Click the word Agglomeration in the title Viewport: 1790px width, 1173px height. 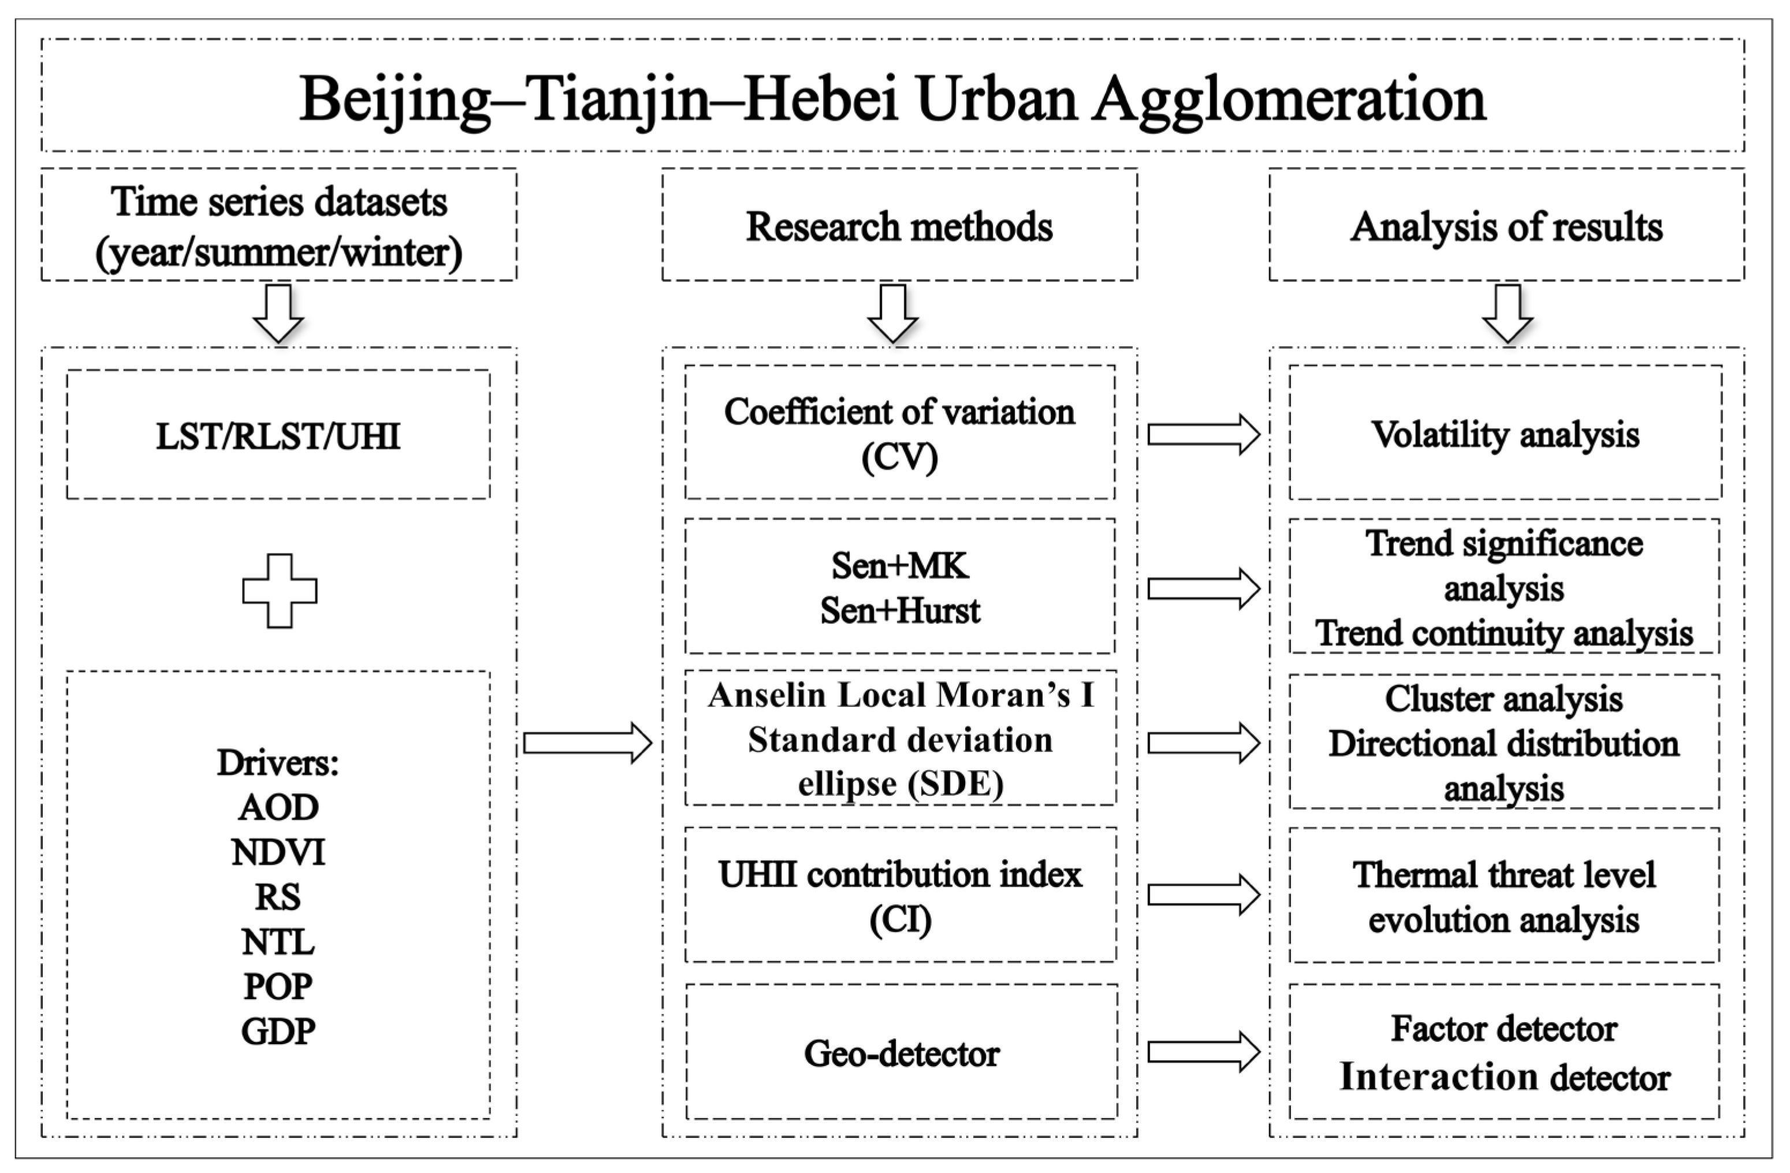[1289, 100]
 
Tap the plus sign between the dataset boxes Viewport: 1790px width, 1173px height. [279, 591]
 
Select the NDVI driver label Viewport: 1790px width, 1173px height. [278, 852]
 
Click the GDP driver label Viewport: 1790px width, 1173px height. [278, 1031]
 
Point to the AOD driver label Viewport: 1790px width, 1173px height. [278, 808]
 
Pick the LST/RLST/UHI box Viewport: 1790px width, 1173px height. [278, 435]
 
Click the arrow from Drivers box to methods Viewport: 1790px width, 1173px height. [587, 743]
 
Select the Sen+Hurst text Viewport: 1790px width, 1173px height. [900, 611]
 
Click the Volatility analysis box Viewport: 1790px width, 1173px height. [1505, 434]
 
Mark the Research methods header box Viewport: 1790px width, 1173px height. [899, 226]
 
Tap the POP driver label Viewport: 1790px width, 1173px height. [278, 986]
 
